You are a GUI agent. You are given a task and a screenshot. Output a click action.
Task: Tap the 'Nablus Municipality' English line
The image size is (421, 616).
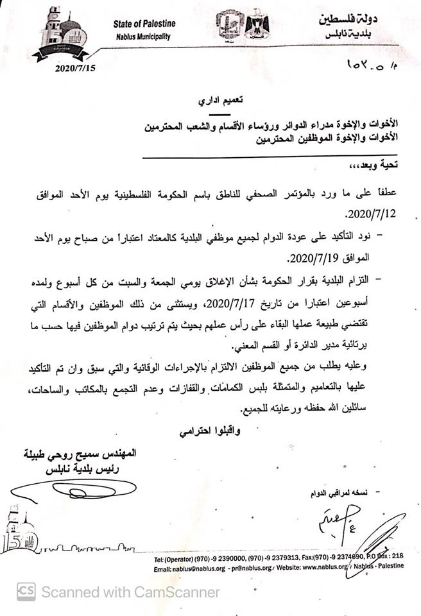point(142,37)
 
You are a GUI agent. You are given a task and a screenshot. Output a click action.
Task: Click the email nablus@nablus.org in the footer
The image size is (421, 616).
point(187,567)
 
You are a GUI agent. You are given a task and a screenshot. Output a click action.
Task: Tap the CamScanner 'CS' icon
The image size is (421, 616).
point(26,591)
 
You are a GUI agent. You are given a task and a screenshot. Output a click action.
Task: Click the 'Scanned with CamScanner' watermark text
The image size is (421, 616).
point(131,592)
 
